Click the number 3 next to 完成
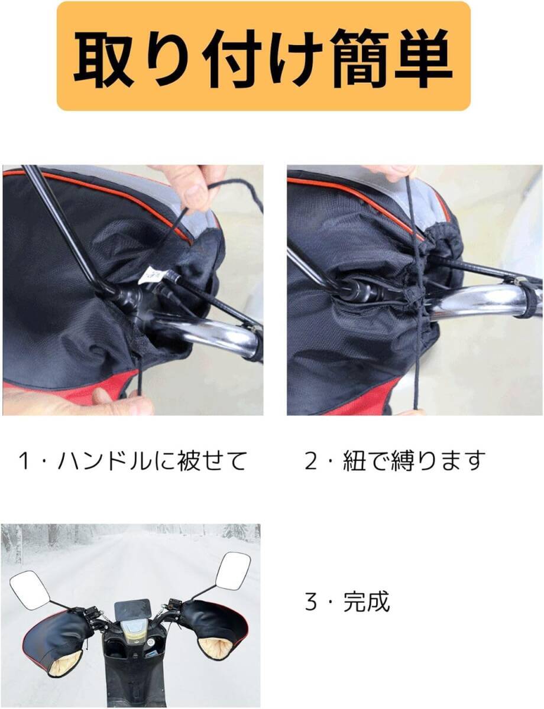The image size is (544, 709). coord(312,602)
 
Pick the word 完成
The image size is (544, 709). coord(367,602)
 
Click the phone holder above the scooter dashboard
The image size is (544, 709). coord(132,609)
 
